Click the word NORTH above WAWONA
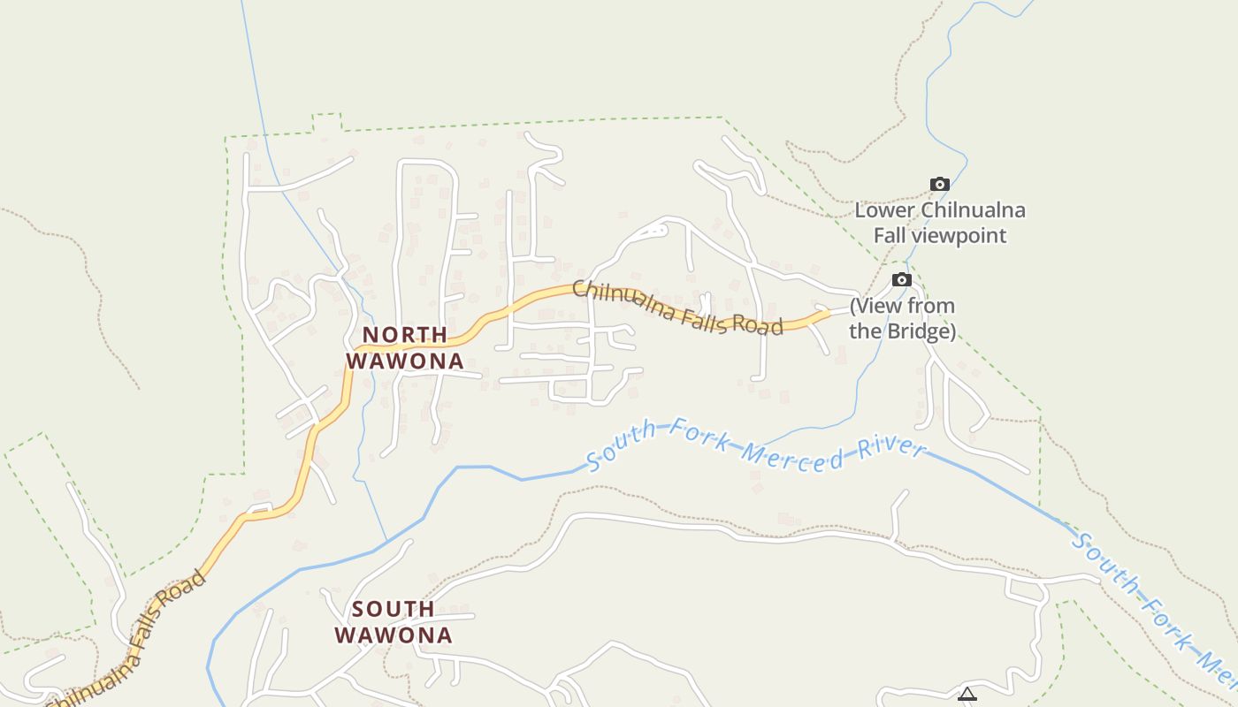(x=405, y=335)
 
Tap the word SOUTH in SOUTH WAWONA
(x=393, y=609)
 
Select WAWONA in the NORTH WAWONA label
(x=405, y=361)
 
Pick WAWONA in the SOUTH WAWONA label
(x=393, y=635)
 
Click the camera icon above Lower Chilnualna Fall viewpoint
(x=940, y=185)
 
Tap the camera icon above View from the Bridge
(x=901, y=280)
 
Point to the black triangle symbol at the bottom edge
(x=967, y=695)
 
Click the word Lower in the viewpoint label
(x=885, y=210)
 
